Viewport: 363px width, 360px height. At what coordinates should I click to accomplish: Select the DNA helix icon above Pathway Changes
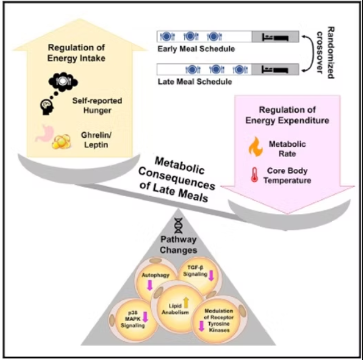[179, 225]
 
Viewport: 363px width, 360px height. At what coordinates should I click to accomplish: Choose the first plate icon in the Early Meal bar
[167, 37]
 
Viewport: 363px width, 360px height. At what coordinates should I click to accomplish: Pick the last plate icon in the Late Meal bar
[240, 69]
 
